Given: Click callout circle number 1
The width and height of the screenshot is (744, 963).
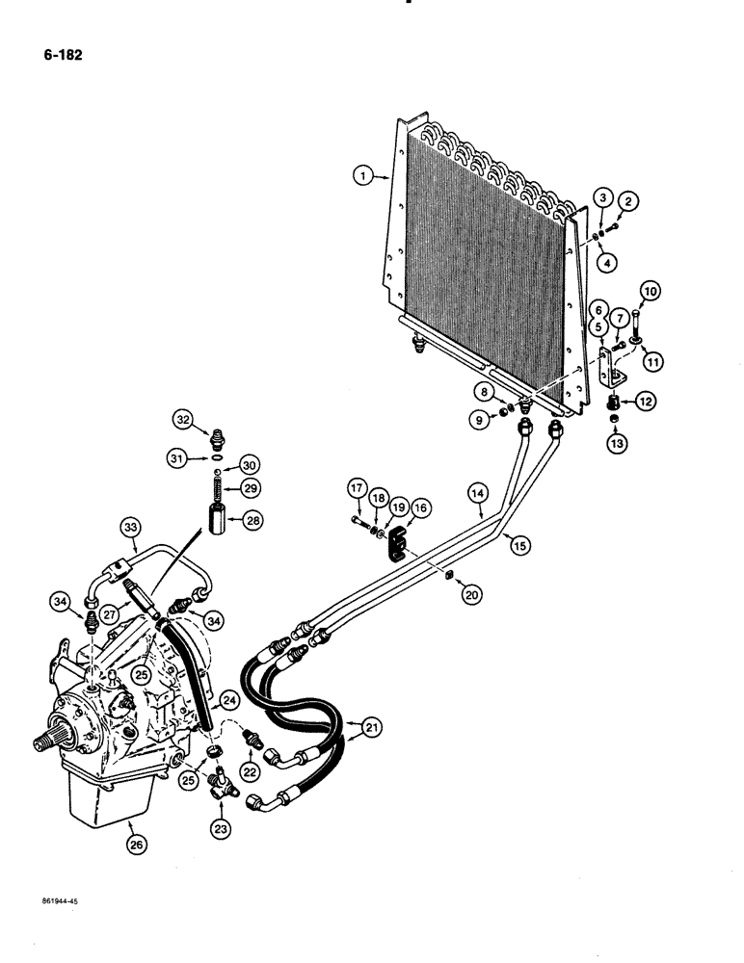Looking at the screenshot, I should [361, 176].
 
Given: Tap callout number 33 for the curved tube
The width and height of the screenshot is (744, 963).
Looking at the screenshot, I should [133, 526].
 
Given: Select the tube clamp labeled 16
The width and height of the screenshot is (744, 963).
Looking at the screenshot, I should [395, 547].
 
